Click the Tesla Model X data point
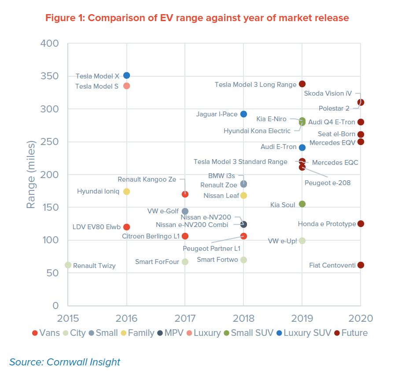[x=126, y=75]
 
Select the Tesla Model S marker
[x=126, y=86]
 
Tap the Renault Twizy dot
[x=68, y=265]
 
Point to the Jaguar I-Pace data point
[x=243, y=114]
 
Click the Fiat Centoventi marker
[x=361, y=265]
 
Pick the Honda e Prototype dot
[x=361, y=223]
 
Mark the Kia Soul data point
[x=302, y=204]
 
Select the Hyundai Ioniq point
[x=126, y=191]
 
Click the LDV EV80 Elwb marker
[x=126, y=227]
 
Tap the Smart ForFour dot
[x=185, y=262]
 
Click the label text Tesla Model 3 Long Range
[x=255, y=85]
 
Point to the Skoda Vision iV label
[x=328, y=93]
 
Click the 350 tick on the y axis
[x=49, y=76]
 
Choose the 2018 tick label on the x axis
[x=243, y=318]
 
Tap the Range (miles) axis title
[x=31, y=175]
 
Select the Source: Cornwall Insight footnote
[x=65, y=362]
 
